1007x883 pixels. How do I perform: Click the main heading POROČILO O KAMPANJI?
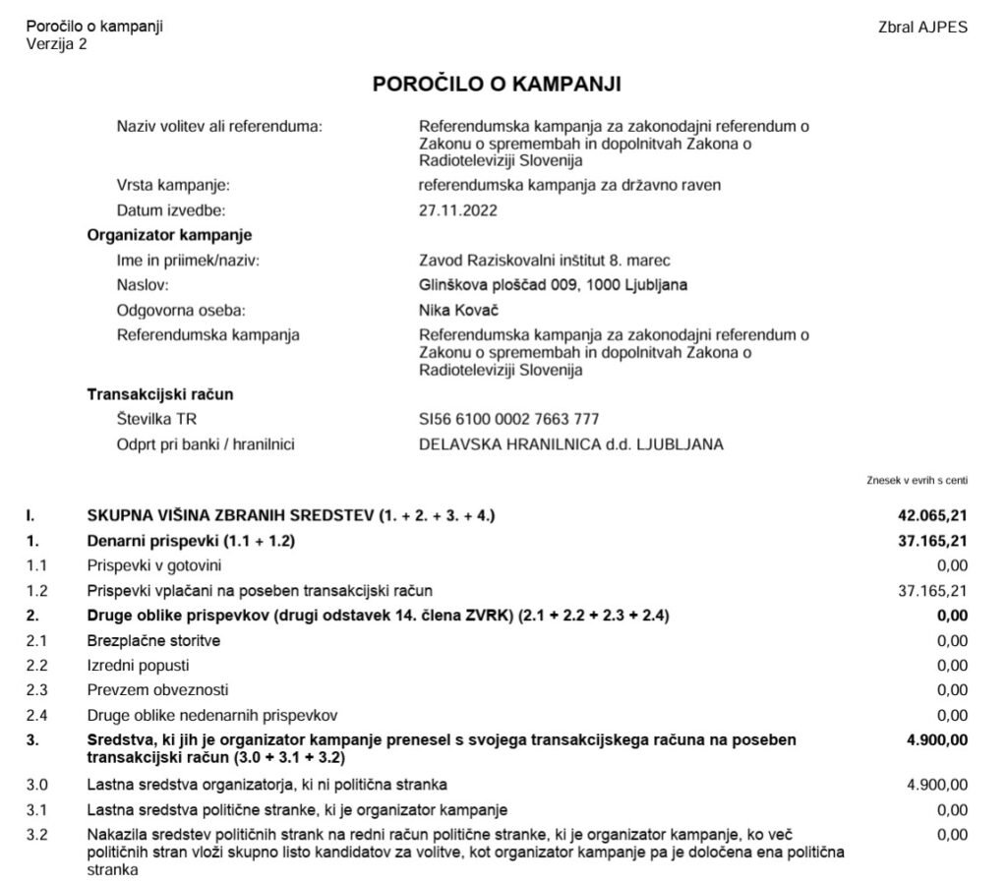tap(497, 85)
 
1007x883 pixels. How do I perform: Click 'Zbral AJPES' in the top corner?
tap(922, 28)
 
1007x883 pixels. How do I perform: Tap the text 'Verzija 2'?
tap(56, 43)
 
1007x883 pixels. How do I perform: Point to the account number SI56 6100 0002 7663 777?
tap(509, 420)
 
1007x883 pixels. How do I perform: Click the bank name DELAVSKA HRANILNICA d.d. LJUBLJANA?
tap(571, 444)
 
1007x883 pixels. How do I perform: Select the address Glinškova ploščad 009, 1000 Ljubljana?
tap(554, 285)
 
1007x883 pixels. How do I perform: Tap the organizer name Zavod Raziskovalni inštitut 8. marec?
tap(546, 261)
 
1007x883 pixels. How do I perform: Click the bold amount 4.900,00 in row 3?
tap(937, 738)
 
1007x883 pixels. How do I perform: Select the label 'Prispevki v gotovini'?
tap(154, 565)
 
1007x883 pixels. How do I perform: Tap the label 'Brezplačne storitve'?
tap(153, 641)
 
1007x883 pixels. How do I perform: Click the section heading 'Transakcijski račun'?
tap(160, 395)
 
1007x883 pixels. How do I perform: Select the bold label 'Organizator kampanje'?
tap(169, 235)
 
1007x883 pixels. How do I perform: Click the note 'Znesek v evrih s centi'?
tap(918, 480)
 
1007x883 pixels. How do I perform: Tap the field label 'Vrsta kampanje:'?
tap(173, 186)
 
